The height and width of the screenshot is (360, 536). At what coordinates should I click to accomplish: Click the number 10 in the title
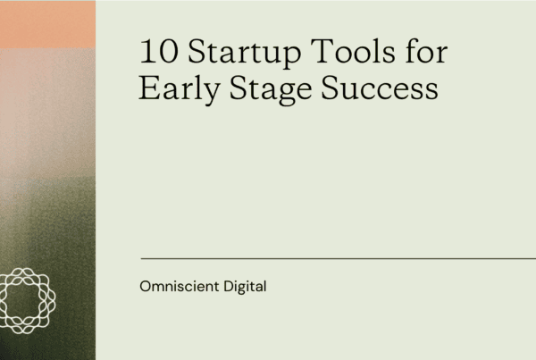[159, 51]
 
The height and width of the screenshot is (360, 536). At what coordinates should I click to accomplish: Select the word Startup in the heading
[245, 53]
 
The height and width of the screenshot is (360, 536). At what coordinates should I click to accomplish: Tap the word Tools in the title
[353, 51]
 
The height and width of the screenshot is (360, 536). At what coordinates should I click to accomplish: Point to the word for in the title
[426, 51]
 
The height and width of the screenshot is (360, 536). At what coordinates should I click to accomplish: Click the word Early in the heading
[180, 89]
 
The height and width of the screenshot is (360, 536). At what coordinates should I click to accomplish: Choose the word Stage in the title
[271, 89]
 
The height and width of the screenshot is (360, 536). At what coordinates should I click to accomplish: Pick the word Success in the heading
[380, 88]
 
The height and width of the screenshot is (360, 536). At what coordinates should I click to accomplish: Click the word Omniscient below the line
[180, 286]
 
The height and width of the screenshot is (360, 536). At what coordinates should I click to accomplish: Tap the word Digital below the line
[245, 287]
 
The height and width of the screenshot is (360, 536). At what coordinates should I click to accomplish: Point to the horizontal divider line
[339, 259]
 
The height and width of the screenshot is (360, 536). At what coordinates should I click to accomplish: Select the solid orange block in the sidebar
[47, 24]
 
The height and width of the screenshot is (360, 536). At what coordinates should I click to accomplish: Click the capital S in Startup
[197, 51]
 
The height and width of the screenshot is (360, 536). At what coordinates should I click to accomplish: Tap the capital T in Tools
[322, 51]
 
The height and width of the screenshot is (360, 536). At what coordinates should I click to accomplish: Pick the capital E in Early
[149, 88]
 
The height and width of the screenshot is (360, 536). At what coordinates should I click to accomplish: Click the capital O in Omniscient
[146, 286]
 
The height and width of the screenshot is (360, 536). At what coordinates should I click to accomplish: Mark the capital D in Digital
[229, 286]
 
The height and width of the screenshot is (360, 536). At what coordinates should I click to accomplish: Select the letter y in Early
[210, 93]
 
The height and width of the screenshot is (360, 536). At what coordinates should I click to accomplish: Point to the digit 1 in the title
[147, 51]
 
